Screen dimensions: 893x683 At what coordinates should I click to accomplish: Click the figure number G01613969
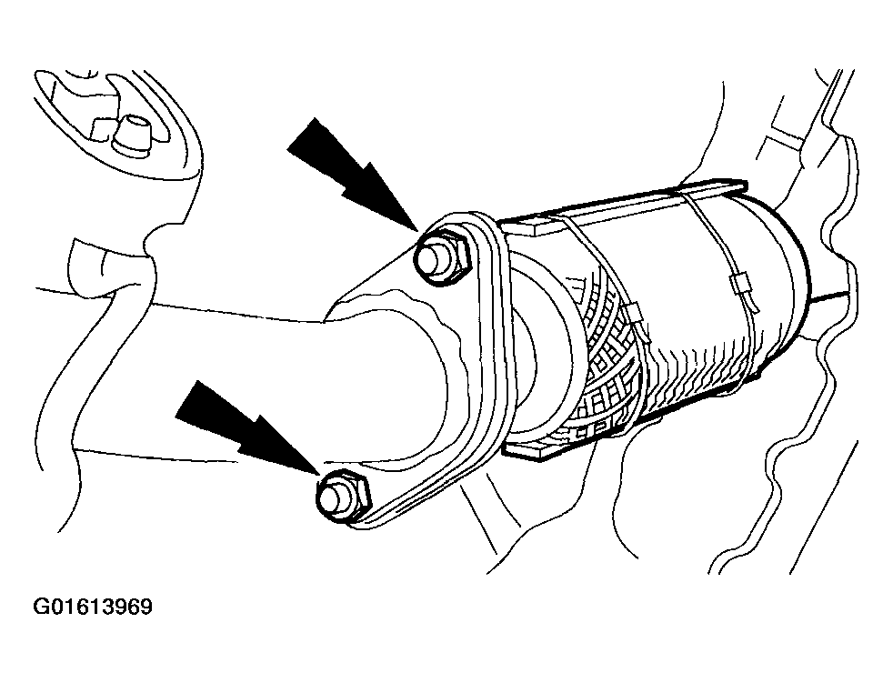93,607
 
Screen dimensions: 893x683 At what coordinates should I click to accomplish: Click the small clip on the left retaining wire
635,313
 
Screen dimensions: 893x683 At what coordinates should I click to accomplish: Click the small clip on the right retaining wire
740,286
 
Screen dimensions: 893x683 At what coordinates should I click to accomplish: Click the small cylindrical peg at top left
132,135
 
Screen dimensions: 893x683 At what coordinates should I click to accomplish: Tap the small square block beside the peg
102,128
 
